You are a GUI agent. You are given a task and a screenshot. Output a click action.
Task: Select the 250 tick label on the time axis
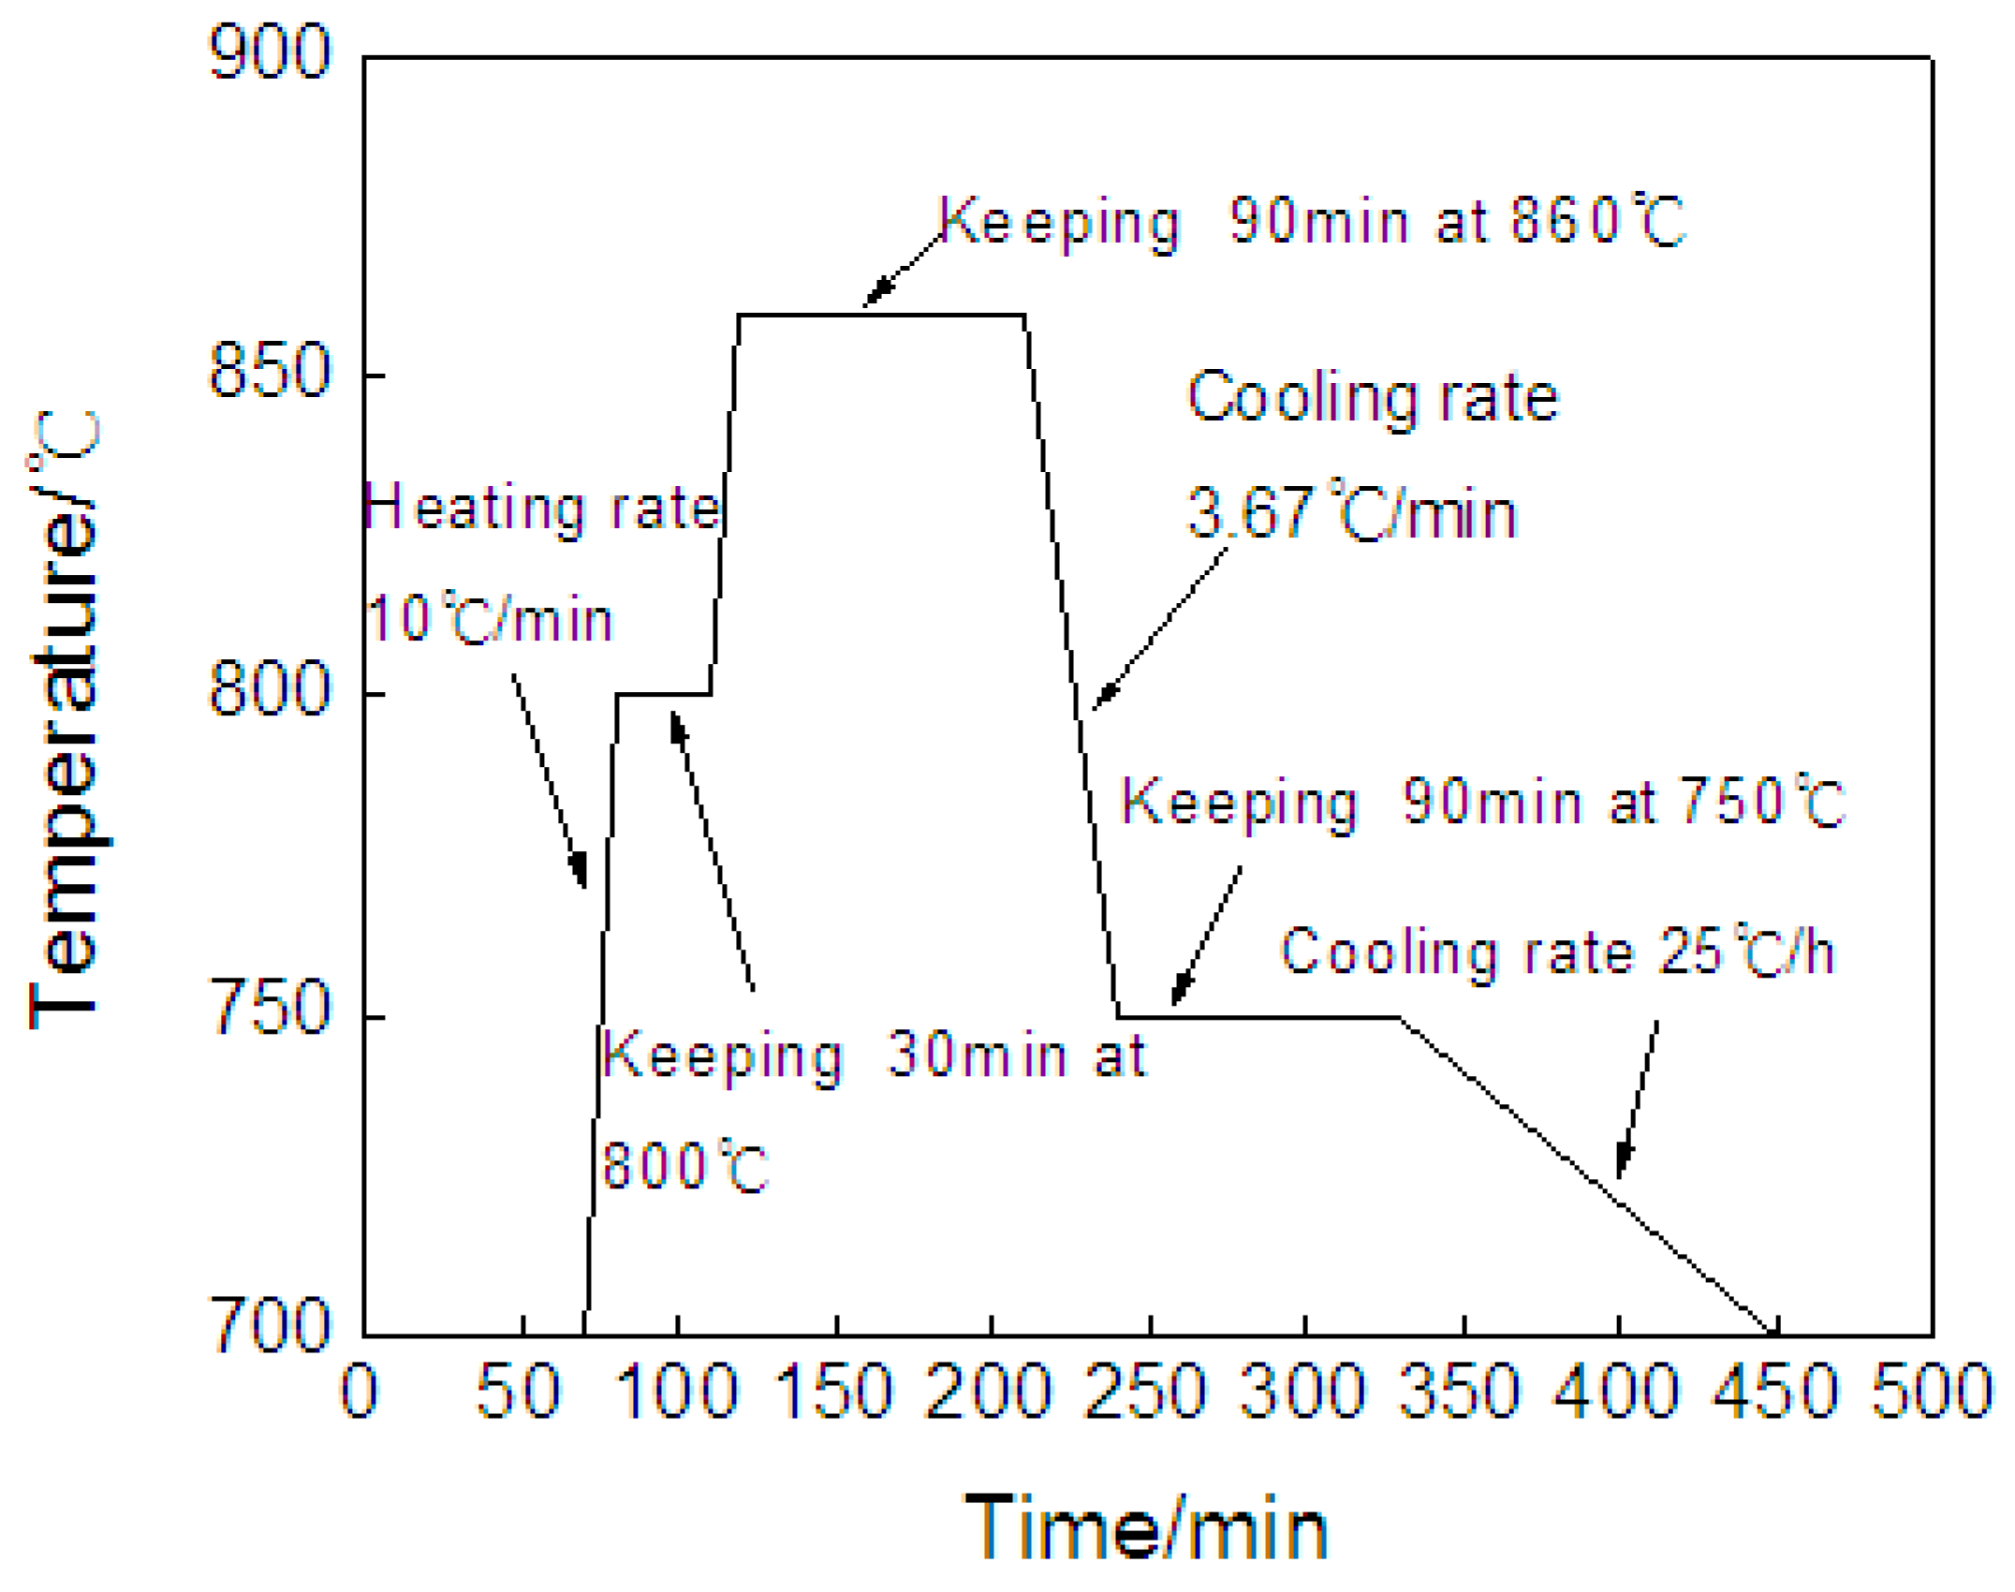pyautogui.click(x=1145, y=1392)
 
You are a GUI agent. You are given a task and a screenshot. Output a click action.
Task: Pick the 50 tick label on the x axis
pyautogui.click(x=519, y=1392)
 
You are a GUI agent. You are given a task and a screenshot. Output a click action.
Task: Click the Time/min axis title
pyautogui.click(x=1146, y=1528)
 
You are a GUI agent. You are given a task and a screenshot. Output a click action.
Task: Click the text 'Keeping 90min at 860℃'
pyautogui.click(x=1311, y=222)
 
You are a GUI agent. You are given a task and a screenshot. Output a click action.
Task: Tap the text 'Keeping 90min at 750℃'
pyautogui.click(x=1481, y=803)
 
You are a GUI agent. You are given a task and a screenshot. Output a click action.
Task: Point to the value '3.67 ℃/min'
pyautogui.click(x=1351, y=512)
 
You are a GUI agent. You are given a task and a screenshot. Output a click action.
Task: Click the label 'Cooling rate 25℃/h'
pyautogui.click(x=1555, y=952)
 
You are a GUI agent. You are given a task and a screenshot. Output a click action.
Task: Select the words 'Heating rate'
pyautogui.click(x=541, y=509)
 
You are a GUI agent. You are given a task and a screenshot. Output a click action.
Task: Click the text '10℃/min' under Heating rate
pyautogui.click(x=490, y=618)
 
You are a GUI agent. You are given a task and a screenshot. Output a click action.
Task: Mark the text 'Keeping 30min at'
pyautogui.click(x=873, y=1055)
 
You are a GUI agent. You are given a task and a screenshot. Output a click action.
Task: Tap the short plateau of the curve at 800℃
pyautogui.click(x=663, y=694)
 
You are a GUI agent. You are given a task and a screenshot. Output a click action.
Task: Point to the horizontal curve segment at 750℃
pyautogui.click(x=1258, y=1016)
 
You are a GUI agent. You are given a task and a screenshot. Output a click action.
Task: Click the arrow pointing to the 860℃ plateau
pyautogui.click(x=901, y=270)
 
